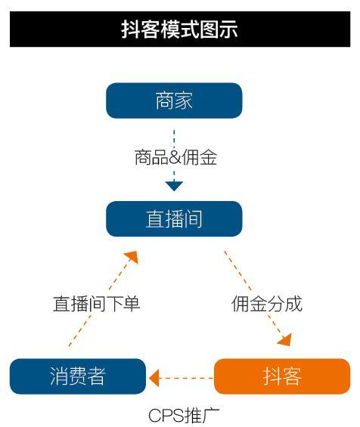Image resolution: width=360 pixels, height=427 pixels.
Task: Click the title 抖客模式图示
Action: [x=179, y=29]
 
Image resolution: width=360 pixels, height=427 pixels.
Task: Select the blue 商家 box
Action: [x=174, y=101]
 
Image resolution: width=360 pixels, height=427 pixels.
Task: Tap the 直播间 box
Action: [x=174, y=218]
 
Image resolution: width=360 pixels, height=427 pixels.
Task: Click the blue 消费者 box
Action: [x=78, y=376]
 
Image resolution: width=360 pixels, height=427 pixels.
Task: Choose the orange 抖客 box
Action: [x=282, y=376]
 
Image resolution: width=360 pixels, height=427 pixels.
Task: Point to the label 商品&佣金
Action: [x=175, y=157]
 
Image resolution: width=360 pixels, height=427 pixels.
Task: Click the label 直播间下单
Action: [x=97, y=304]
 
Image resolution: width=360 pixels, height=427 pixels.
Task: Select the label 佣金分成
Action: [x=267, y=304]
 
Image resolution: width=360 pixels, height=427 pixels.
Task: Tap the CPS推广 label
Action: [x=184, y=416]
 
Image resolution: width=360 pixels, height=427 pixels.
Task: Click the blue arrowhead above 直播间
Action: [x=174, y=186]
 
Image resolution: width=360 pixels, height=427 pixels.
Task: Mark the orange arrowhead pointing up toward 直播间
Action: [x=132, y=257]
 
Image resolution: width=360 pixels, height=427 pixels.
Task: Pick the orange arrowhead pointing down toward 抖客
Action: [x=285, y=340]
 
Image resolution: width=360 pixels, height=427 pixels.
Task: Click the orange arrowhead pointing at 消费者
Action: [x=154, y=378]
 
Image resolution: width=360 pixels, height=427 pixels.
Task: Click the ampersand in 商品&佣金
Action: [x=175, y=158]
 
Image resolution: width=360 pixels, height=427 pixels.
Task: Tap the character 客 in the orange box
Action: [x=292, y=376]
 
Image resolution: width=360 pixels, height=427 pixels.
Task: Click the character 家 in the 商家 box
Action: [x=184, y=101]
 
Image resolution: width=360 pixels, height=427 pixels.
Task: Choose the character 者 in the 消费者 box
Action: [x=97, y=376]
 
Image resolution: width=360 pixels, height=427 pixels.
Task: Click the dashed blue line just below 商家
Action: [x=174, y=139]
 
